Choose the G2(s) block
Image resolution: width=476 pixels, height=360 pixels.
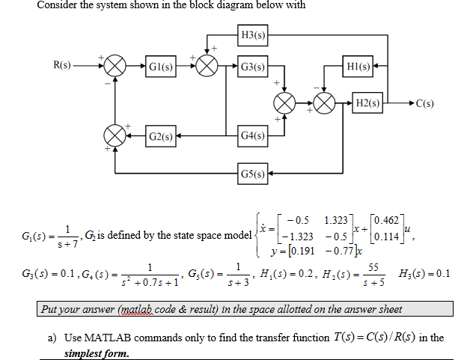click(161, 137)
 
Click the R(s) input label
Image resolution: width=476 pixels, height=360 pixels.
click(63, 66)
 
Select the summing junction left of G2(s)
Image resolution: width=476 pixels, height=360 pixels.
click(115, 137)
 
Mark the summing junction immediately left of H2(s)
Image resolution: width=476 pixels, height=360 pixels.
click(326, 102)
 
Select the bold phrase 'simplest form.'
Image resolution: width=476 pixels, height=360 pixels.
click(97, 353)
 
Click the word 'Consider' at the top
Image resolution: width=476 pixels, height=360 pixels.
click(58, 5)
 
